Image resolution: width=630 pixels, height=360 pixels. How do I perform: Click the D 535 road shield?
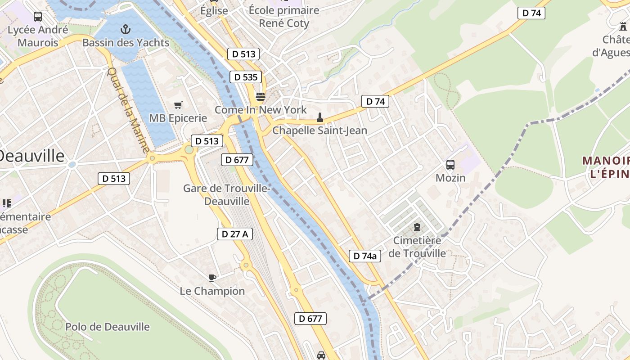click(x=246, y=77)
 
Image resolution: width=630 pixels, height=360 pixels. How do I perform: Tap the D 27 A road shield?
click(x=235, y=234)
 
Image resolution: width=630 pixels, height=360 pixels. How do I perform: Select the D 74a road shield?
click(x=365, y=256)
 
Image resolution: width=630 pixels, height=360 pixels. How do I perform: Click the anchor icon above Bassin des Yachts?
click(x=126, y=30)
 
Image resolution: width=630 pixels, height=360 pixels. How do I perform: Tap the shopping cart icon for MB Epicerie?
click(x=178, y=105)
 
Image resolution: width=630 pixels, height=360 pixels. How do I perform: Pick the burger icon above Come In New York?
click(x=260, y=97)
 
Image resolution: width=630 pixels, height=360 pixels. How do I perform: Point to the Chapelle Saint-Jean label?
click(x=320, y=130)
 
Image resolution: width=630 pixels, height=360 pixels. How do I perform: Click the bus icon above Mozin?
click(x=450, y=165)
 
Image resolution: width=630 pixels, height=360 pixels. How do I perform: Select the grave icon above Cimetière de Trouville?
click(x=417, y=227)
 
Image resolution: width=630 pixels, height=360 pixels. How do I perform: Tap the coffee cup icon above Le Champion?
click(x=212, y=278)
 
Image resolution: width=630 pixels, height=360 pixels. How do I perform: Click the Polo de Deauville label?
click(x=108, y=327)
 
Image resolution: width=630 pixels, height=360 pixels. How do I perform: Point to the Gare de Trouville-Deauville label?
click(x=227, y=195)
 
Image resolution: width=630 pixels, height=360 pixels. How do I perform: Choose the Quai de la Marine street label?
click(x=128, y=110)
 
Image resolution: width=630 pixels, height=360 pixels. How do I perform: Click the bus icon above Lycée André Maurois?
click(x=38, y=17)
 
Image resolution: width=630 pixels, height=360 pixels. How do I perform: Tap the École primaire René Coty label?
click(x=284, y=17)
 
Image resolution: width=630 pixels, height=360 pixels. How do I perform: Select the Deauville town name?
click(x=31, y=156)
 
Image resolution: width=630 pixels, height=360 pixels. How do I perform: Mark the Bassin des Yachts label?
click(x=126, y=43)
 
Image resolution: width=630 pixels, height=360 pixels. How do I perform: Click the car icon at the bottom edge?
click(x=321, y=355)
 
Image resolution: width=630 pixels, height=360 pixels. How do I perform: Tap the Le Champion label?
click(x=212, y=291)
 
